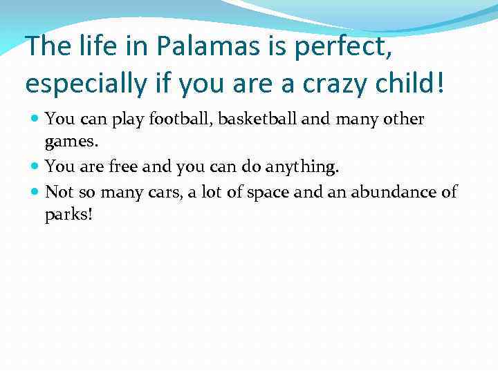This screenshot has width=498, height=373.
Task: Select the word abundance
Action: (391, 191)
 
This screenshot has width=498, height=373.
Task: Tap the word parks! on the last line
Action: (68, 215)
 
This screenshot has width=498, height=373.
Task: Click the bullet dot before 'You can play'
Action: (35, 119)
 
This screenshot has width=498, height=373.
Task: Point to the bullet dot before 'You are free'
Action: (35, 166)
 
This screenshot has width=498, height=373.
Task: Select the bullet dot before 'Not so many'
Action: (35, 191)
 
